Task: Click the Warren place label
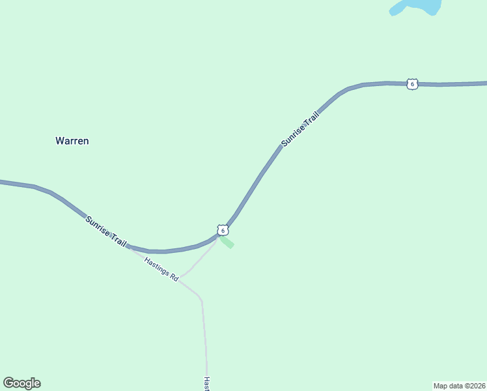click(72, 141)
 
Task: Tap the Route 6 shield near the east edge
click(412, 84)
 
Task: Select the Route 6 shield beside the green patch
click(223, 231)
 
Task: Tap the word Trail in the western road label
click(119, 240)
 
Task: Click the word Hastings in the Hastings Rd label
click(156, 268)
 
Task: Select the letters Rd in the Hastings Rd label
click(174, 277)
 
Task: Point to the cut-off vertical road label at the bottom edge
click(206, 384)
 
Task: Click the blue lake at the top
click(417, 7)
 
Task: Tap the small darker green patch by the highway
click(227, 242)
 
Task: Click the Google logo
click(21, 383)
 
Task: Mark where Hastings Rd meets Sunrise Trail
click(129, 248)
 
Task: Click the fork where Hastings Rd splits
click(181, 277)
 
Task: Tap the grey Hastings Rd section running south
click(204, 332)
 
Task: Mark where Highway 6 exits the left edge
click(2, 182)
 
